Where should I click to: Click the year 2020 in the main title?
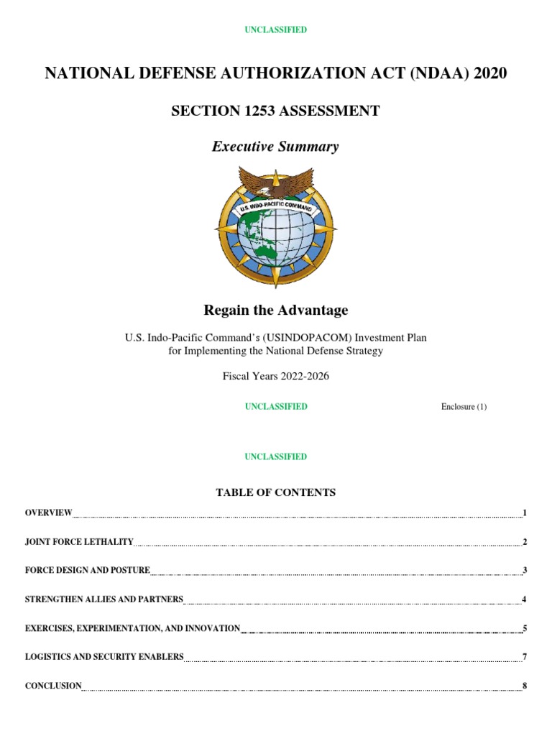click(484, 73)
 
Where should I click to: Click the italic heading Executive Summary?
click(275, 147)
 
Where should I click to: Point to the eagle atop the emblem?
click(275, 182)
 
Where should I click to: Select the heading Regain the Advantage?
click(275, 310)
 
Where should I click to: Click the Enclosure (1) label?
click(464, 407)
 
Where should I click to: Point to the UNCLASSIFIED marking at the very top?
click(275, 29)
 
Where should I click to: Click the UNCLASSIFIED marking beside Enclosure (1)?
click(275, 407)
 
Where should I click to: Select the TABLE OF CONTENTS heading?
click(275, 492)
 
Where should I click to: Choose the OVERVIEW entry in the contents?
click(48, 512)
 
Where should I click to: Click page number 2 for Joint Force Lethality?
click(525, 541)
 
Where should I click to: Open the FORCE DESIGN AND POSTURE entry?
click(87, 570)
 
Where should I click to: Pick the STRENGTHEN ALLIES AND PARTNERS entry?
click(104, 599)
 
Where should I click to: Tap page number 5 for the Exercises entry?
click(525, 628)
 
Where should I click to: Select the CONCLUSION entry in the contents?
click(53, 686)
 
